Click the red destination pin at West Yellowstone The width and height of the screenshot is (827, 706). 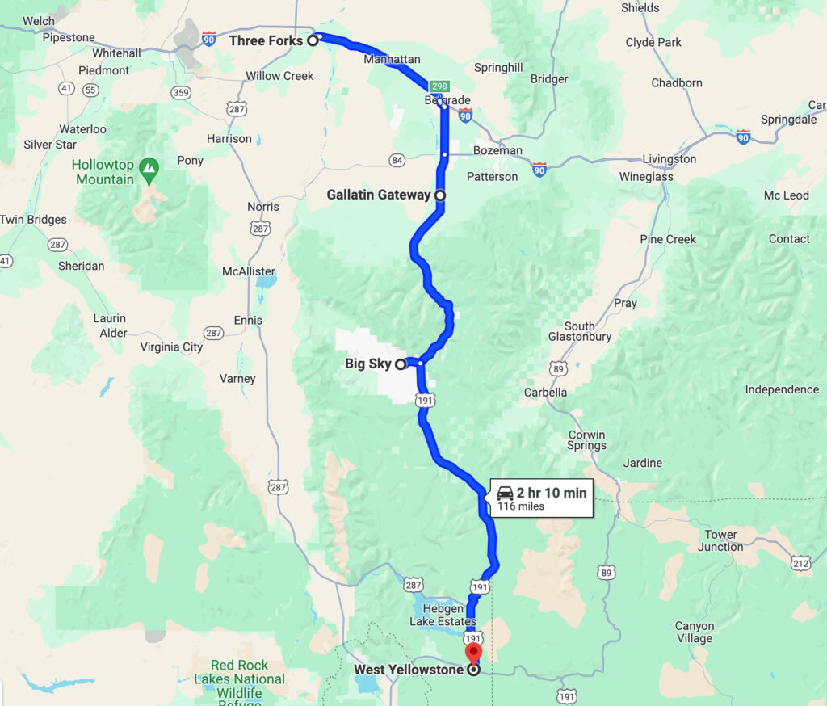[x=473, y=653]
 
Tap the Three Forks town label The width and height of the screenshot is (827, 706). [x=266, y=40]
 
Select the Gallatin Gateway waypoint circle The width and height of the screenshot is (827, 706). [x=440, y=195]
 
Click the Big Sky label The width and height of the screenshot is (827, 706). [x=367, y=364]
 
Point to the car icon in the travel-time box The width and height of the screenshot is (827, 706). [x=506, y=493]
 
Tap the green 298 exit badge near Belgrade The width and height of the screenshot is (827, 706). [x=439, y=86]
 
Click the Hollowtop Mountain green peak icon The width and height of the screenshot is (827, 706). [x=148, y=167]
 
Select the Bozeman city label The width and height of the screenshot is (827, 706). [x=498, y=150]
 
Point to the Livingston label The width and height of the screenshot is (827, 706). [x=669, y=158]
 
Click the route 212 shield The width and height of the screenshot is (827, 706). [x=801, y=563]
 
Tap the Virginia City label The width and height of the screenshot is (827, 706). [x=171, y=347]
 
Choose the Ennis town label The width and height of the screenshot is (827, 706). [x=248, y=321]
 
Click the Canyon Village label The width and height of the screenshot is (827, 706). [x=695, y=632]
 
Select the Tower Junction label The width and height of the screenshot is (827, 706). [x=720, y=540]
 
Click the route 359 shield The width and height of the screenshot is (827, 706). [x=181, y=92]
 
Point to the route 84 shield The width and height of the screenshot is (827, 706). [x=397, y=161]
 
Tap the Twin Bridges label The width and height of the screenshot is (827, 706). [x=33, y=220]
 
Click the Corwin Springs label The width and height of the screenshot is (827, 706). [x=586, y=439]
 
